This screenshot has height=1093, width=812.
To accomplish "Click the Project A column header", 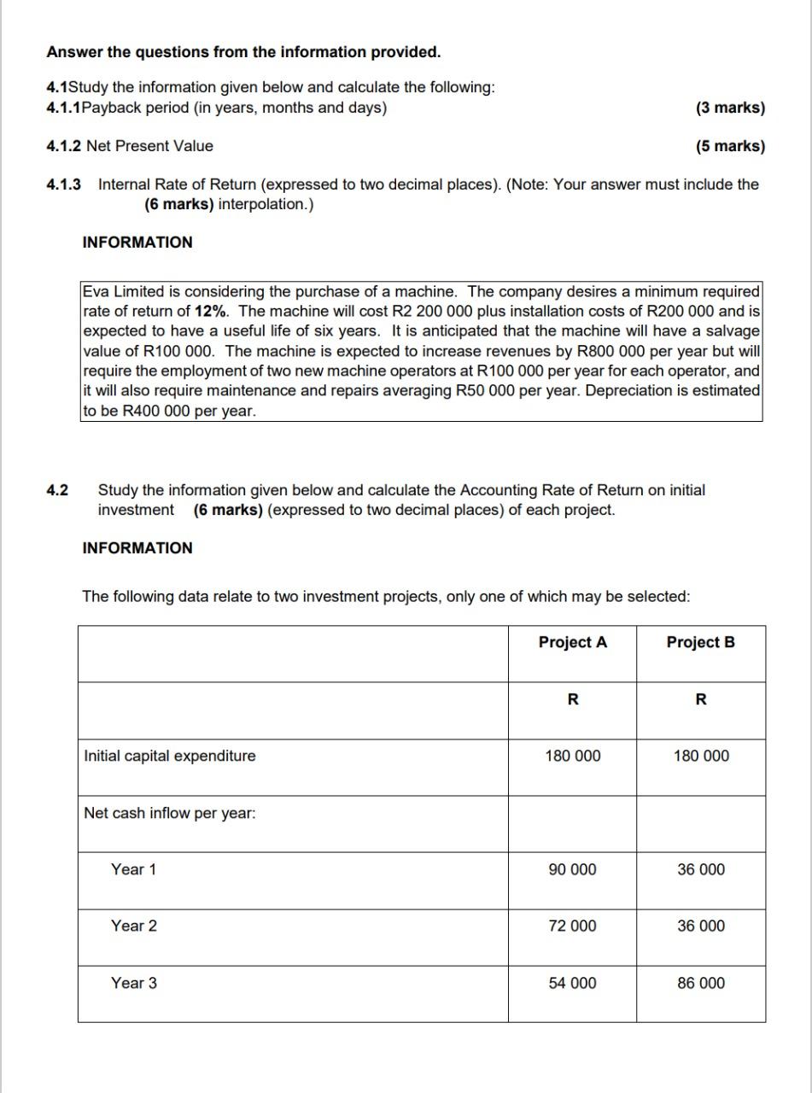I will [572, 642].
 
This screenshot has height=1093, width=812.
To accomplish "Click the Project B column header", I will [700, 642].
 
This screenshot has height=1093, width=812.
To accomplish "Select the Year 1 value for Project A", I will [572, 869].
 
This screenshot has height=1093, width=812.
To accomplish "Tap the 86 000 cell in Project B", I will [700, 983].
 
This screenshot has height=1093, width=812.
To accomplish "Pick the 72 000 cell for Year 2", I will [572, 926].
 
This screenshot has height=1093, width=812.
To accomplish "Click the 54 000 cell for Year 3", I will [572, 983].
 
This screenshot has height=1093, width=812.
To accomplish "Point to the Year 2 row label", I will [133, 926].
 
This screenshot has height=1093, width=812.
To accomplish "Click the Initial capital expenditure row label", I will [169, 756].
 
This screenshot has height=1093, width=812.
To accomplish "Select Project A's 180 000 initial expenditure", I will [572, 756].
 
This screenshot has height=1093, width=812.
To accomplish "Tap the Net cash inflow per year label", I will [169, 813].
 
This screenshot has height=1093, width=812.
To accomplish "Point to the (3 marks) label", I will [730, 108].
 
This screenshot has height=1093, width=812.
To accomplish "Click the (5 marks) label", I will [730, 146].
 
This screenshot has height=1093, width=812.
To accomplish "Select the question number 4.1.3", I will [64, 184].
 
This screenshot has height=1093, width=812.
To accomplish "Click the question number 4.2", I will [57, 490].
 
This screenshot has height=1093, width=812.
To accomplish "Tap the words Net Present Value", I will [149, 146].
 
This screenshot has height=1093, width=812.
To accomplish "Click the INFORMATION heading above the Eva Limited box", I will [137, 243].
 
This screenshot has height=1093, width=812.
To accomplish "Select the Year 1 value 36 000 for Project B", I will [700, 869].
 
